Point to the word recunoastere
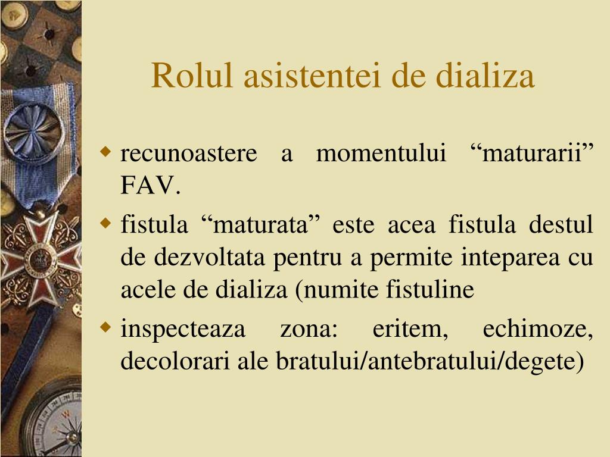tap(189, 154)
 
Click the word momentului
tap(381, 154)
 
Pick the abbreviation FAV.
tap(150, 187)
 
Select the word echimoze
tap(538, 329)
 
